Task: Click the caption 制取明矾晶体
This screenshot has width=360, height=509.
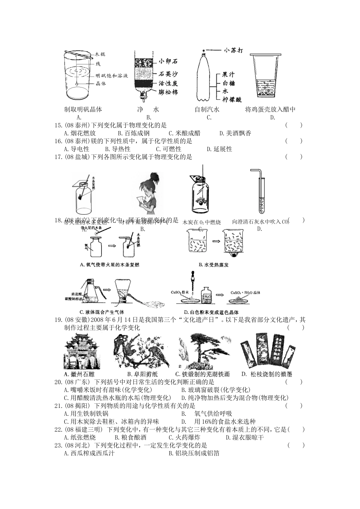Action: [83, 109]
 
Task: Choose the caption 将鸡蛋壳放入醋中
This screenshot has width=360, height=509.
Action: [270, 109]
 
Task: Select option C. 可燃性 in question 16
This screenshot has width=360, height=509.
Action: [169, 149]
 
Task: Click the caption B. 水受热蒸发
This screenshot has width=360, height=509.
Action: [213, 265]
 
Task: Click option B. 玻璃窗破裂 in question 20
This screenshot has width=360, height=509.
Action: [216, 390]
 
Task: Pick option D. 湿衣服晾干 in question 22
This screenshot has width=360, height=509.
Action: [245, 437]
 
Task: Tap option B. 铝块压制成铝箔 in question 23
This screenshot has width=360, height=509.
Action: [194, 453]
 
